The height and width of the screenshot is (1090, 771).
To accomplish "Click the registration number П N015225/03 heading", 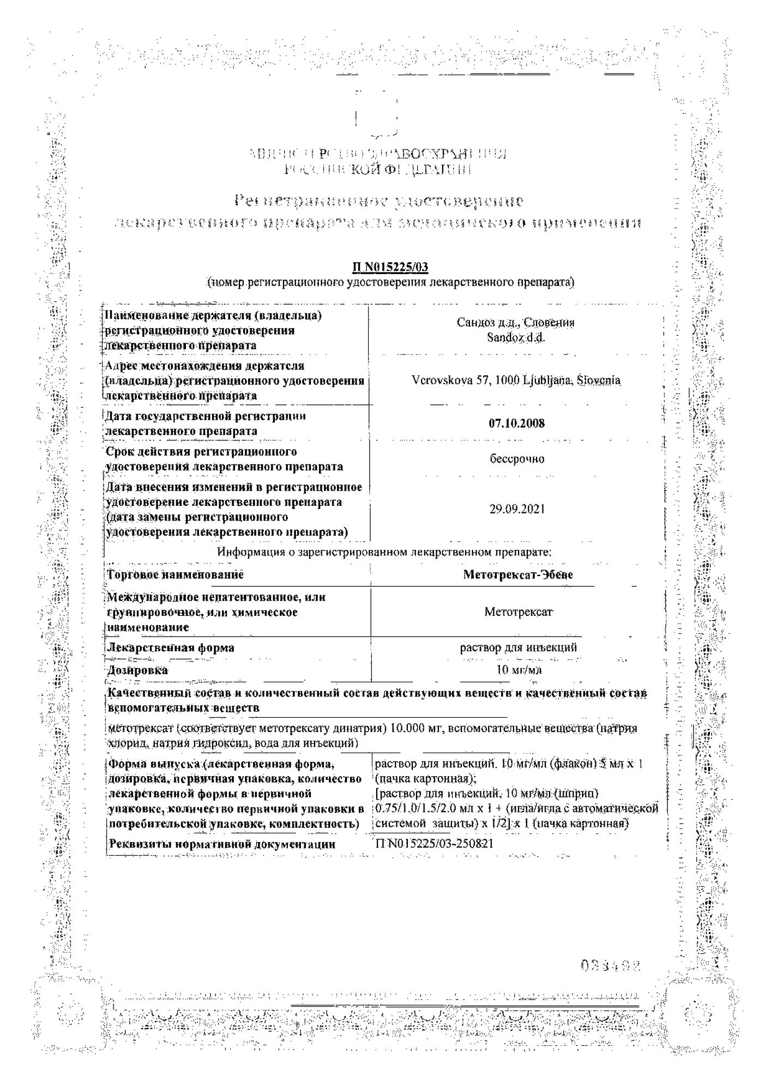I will tap(390, 267).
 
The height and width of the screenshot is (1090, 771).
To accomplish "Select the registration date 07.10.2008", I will tap(516, 423).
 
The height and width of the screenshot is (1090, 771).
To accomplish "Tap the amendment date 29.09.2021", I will tap(516, 510).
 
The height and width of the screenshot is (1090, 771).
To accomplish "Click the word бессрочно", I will tap(516, 459).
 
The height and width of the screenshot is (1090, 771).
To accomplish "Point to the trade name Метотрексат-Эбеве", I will tap(517, 574).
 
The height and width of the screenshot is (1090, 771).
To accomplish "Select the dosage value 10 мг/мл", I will tap(519, 670).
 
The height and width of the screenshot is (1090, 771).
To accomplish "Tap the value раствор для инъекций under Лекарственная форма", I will tap(518, 647).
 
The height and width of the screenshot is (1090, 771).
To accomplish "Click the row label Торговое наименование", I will tap(175, 574).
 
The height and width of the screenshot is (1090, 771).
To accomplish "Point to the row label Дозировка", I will tap(137, 670).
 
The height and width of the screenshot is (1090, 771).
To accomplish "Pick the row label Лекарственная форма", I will tap(171, 648).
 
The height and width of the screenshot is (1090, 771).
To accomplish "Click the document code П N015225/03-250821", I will tap(434, 844).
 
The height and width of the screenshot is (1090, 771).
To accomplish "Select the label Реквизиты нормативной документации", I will tap(222, 844).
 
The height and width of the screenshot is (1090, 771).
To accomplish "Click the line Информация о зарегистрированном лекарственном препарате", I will tap(384, 552).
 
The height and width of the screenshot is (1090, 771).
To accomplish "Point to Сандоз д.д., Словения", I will tap(515, 323).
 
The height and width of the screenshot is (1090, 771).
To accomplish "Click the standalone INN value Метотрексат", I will tap(518, 612).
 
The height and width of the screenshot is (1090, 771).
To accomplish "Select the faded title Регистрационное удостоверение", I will tap(379, 201).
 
